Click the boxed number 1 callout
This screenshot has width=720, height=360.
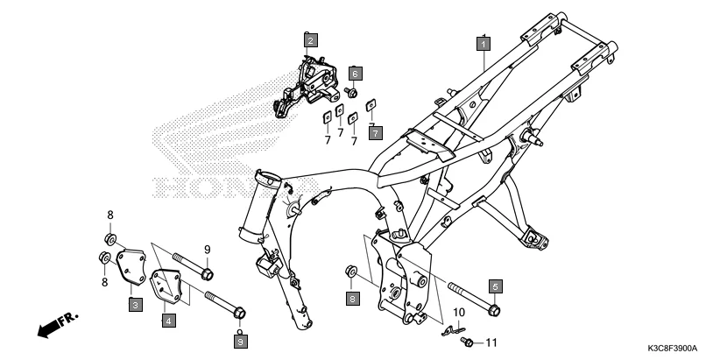pyautogui.click(x=483, y=42)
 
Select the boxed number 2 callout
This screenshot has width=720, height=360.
pyautogui.click(x=310, y=39)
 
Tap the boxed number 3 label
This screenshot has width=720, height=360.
pyautogui.click(x=136, y=305)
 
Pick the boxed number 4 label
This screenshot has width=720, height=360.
pyautogui.click(x=167, y=321)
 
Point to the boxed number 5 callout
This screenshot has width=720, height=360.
pyautogui.click(x=495, y=286)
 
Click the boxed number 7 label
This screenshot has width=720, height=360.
pyautogui.click(x=374, y=133)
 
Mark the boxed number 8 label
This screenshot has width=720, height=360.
pyautogui.click(x=352, y=300)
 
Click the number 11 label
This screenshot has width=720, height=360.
pyautogui.click(x=491, y=342)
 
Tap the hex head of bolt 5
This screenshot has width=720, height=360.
pyautogui.click(x=494, y=309)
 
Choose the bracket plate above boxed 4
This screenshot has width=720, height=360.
pyautogui.click(x=166, y=286)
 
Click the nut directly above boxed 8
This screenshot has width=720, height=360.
pyautogui.click(x=350, y=270)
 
